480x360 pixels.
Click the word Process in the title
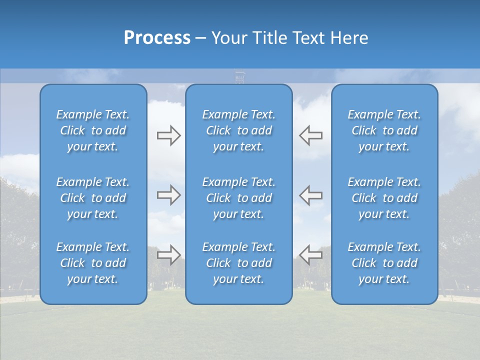coord(157,38)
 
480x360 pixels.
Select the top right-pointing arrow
coord(168,135)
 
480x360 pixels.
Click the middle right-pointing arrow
coord(168,195)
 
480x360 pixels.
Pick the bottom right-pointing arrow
coord(168,254)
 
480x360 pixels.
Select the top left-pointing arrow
coord(311,135)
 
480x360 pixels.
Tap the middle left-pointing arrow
coord(311,195)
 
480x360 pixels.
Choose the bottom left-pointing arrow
coord(311,254)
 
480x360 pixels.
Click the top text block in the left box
coord(93,130)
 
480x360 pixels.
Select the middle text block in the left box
coord(93,198)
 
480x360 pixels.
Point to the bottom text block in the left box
coord(93,263)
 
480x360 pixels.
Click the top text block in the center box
coord(239,130)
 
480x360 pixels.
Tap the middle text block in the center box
coord(239,198)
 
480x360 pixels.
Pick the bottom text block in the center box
coord(239,263)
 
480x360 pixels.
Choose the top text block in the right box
coord(384,130)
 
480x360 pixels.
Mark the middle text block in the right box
coord(384,198)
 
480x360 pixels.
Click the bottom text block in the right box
coord(384,263)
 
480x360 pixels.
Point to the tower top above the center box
coord(239,77)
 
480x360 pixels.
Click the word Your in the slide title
coord(228,38)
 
